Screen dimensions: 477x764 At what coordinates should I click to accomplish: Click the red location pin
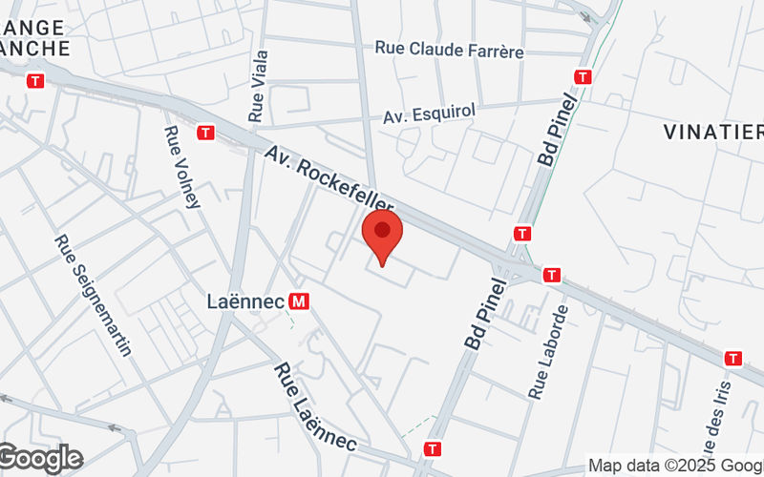click(383, 238)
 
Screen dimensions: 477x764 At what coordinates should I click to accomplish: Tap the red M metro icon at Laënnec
click(300, 301)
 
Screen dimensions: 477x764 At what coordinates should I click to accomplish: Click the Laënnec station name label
click(245, 301)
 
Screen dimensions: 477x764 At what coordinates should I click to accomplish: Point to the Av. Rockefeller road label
click(329, 181)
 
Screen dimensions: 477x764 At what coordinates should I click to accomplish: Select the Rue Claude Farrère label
click(449, 49)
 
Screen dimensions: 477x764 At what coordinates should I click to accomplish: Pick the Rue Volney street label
click(182, 167)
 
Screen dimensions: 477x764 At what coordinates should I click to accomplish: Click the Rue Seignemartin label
click(92, 296)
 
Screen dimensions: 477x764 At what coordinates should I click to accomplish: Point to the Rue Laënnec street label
click(315, 407)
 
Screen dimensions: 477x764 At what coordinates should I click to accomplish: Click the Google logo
click(40, 458)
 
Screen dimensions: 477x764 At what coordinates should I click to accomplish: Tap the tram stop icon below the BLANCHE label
click(36, 81)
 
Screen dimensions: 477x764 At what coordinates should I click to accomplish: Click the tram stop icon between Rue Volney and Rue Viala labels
click(205, 133)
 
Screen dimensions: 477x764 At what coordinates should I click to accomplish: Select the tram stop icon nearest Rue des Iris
click(733, 359)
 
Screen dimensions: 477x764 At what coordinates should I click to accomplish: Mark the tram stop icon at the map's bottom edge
click(435, 447)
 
